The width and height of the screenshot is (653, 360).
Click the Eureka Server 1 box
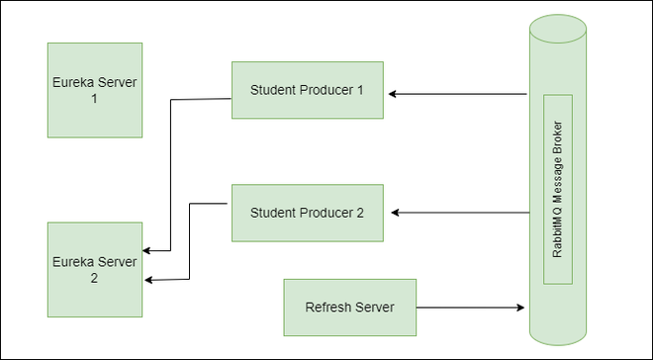tap(95, 90)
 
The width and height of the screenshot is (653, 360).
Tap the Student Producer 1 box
tap(308, 91)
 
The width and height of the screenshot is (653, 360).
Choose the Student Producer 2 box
tap(308, 213)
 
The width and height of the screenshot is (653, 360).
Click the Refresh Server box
tap(350, 307)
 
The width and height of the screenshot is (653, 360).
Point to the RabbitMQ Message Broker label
tap(558, 190)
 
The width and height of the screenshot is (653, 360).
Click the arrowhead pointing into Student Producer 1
tap(393, 95)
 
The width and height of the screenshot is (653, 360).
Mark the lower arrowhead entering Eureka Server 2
tap(148, 281)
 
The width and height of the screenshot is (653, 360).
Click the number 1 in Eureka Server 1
tap(95, 100)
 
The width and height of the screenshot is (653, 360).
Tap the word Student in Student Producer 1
tap(273, 91)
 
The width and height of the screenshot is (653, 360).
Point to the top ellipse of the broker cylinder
tap(557, 27)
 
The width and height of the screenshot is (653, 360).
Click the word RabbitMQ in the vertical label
tap(558, 233)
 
